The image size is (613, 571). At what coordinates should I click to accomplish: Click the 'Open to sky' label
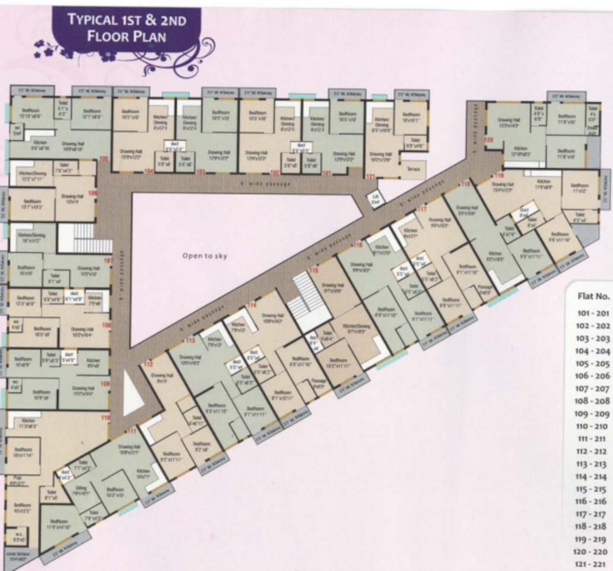tap(204, 256)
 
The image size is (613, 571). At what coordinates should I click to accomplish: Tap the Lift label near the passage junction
tap(375, 199)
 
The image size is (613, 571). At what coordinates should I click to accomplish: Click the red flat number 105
tap(104, 159)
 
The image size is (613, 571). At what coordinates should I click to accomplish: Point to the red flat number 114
tap(251, 305)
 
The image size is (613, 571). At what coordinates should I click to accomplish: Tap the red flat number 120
tap(489, 139)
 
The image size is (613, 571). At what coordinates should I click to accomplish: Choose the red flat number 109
tap(105, 384)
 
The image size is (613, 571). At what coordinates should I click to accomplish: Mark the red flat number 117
tap(421, 210)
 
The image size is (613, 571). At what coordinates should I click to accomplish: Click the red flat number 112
tap(148, 364)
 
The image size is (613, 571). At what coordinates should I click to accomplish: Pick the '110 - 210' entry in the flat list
tap(592, 427)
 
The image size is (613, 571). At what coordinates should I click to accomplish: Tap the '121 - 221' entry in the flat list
tap(592, 564)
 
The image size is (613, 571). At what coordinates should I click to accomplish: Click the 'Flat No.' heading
tap(593, 296)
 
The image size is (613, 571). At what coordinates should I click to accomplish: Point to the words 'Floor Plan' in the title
tap(126, 37)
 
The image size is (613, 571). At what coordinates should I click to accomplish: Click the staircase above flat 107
tap(79, 238)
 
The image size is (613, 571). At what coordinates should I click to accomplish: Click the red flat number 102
tap(274, 172)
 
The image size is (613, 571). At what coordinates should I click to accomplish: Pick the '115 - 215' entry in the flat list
tap(593, 489)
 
